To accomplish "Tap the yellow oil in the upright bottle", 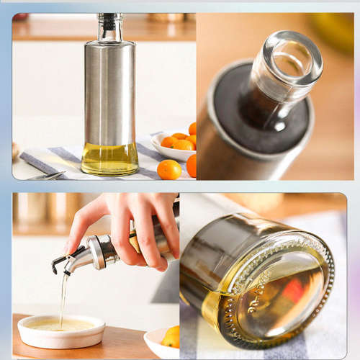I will pos(109,159).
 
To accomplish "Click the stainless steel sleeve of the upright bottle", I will pos(109,94).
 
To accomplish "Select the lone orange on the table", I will pos(169,170).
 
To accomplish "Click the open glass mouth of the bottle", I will pos(292,58).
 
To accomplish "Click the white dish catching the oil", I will pos(61,332).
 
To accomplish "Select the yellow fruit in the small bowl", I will pos(171,336).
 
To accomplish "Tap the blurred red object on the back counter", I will pos(20,17).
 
